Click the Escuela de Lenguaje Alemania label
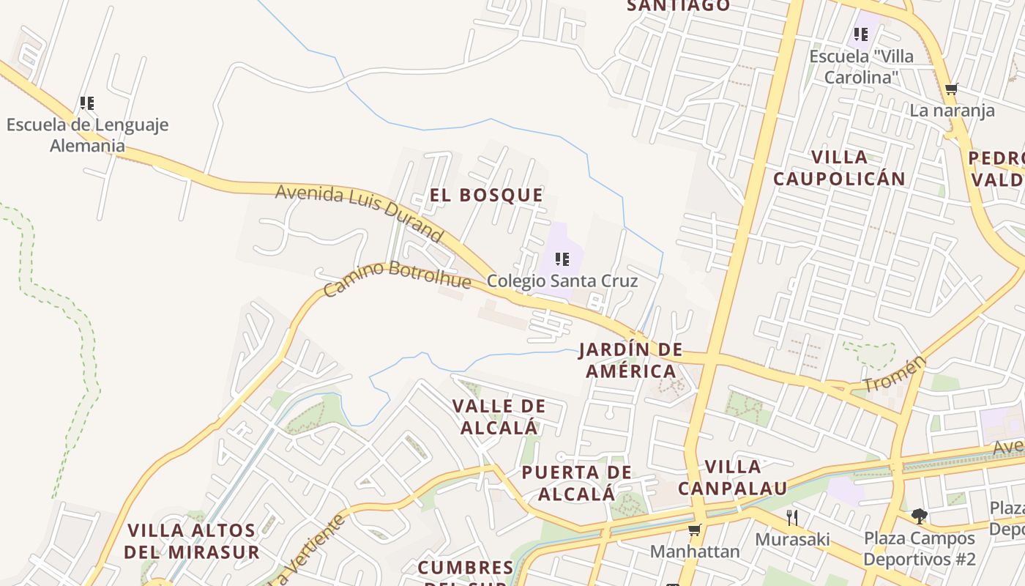[87, 135]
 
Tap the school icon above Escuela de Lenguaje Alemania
[87, 103]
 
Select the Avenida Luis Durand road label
[359, 212]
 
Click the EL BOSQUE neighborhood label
[486, 195]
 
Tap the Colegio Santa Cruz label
[562, 281]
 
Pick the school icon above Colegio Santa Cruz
[562, 259]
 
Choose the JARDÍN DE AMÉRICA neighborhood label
[630, 360]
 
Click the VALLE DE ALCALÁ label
[499, 416]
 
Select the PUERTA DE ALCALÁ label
[576, 483]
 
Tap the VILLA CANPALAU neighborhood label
[732, 477]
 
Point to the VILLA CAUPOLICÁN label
[839, 168]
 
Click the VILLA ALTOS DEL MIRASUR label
[192, 541]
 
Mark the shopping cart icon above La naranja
[951, 89]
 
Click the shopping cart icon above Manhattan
[694, 530]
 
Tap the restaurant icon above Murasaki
[792, 518]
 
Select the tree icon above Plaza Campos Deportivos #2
[920, 516]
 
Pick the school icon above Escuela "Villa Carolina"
[861, 34]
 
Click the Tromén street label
[895, 374]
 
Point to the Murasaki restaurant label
[792, 540]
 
